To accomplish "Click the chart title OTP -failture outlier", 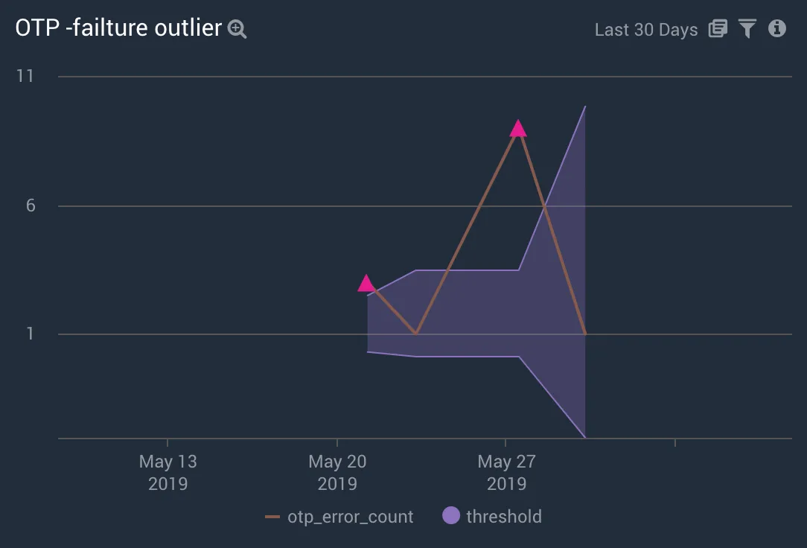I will (x=118, y=28).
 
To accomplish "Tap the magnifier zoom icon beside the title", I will (x=237, y=30).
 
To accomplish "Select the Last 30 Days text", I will (x=645, y=30).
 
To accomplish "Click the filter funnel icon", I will (x=747, y=29).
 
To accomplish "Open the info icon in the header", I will (x=777, y=29).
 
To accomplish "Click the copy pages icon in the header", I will (x=718, y=29).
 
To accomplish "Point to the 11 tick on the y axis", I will (x=26, y=76).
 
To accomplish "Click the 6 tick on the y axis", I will (x=31, y=205).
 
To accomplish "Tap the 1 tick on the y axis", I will (x=31, y=334).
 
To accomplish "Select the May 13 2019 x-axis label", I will (x=168, y=472).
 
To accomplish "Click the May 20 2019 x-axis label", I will (x=337, y=472).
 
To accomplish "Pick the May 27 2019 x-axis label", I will (x=506, y=472).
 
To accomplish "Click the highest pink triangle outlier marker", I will (x=518, y=130).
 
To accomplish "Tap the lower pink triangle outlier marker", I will (x=366, y=284).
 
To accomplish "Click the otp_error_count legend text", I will (x=350, y=517).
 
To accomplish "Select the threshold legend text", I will (x=504, y=517).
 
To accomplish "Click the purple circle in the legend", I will (x=451, y=516).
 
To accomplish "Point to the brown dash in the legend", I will (x=272, y=517).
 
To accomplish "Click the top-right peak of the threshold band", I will (x=585, y=106).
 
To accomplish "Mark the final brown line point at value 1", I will (x=585, y=334).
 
